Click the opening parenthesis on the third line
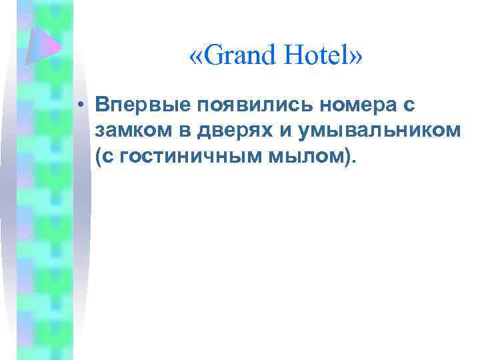99,157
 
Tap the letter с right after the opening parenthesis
107,157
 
